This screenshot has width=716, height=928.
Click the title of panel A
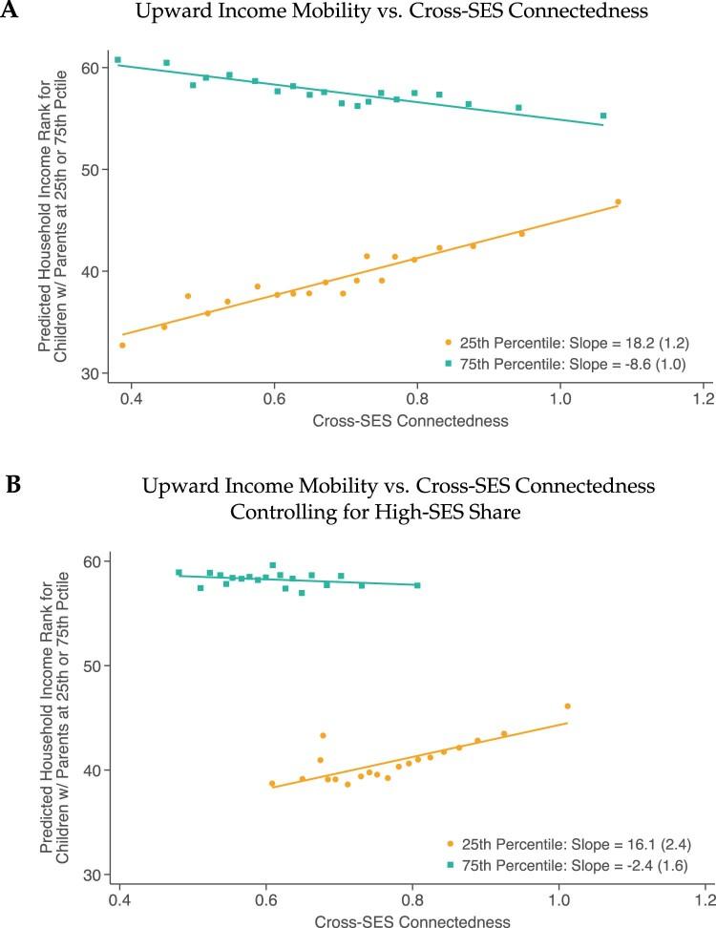pyautogui.click(x=386, y=12)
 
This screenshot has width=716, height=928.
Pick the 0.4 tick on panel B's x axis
pyautogui.click(x=119, y=899)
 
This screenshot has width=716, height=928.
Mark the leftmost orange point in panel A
pyautogui.click(x=122, y=345)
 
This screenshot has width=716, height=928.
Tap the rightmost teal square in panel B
pyautogui.click(x=417, y=585)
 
